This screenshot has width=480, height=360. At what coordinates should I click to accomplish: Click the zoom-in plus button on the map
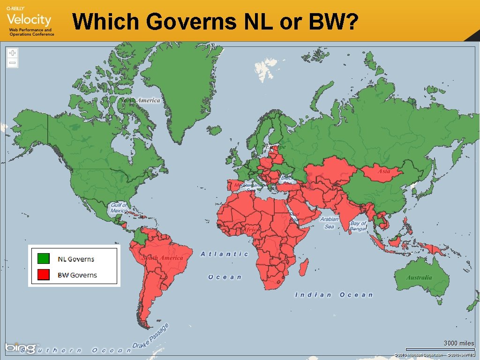point(13,53)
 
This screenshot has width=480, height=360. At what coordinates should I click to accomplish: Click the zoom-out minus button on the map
point(13,62)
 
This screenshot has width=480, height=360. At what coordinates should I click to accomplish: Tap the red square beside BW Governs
point(43,275)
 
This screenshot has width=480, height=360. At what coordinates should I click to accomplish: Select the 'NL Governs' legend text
point(75,259)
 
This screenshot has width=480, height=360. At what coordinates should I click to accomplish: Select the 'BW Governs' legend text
point(77,275)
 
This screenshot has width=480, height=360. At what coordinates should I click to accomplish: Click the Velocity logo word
point(29,20)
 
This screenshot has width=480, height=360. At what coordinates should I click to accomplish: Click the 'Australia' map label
point(419,277)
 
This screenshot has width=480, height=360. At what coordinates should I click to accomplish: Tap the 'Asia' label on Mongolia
point(384,172)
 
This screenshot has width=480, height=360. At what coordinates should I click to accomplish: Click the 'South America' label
point(163,258)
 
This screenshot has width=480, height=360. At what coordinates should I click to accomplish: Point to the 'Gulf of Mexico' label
point(119,208)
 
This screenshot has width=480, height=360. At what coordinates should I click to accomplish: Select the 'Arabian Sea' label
point(330,223)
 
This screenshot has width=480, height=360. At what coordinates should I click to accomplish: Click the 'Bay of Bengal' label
point(358,226)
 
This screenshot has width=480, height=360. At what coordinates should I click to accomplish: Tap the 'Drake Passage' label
point(150,336)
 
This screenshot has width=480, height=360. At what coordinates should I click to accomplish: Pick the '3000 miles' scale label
point(459,343)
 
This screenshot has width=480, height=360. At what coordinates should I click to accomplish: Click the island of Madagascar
point(304,269)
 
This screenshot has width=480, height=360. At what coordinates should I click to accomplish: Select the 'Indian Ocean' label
point(333,295)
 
